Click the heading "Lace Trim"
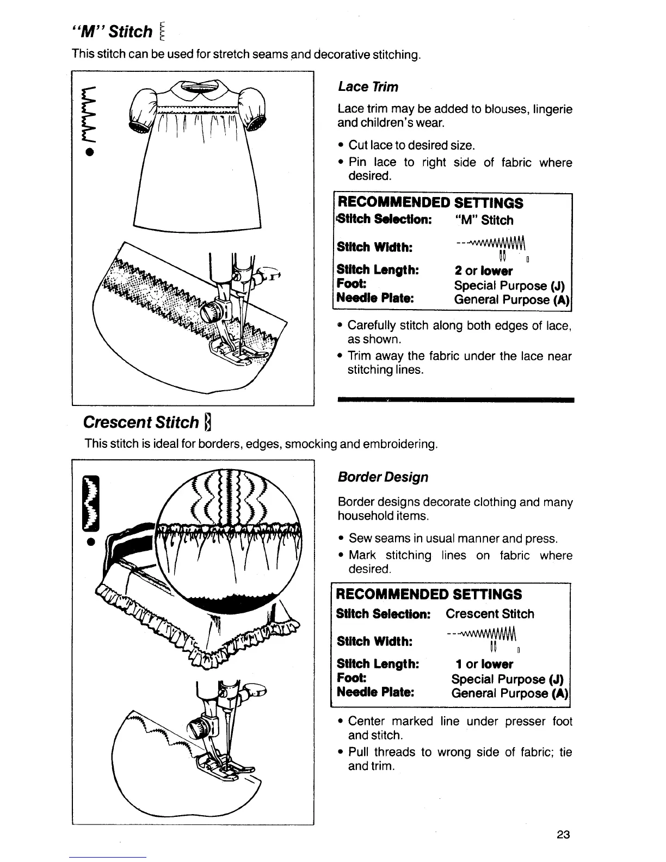pyautogui.click(x=368, y=87)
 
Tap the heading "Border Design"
pyautogui.click(x=383, y=477)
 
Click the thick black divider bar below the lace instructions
pyautogui.click(x=456, y=400)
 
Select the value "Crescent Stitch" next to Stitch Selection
pyautogui.click(x=490, y=614)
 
